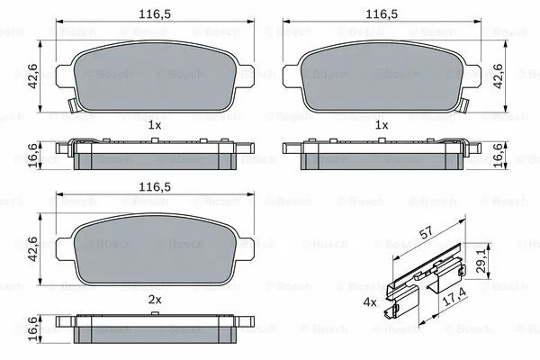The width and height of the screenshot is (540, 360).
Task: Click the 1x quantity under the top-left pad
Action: point(156,125)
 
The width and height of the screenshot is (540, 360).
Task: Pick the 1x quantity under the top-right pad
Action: point(382,125)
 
